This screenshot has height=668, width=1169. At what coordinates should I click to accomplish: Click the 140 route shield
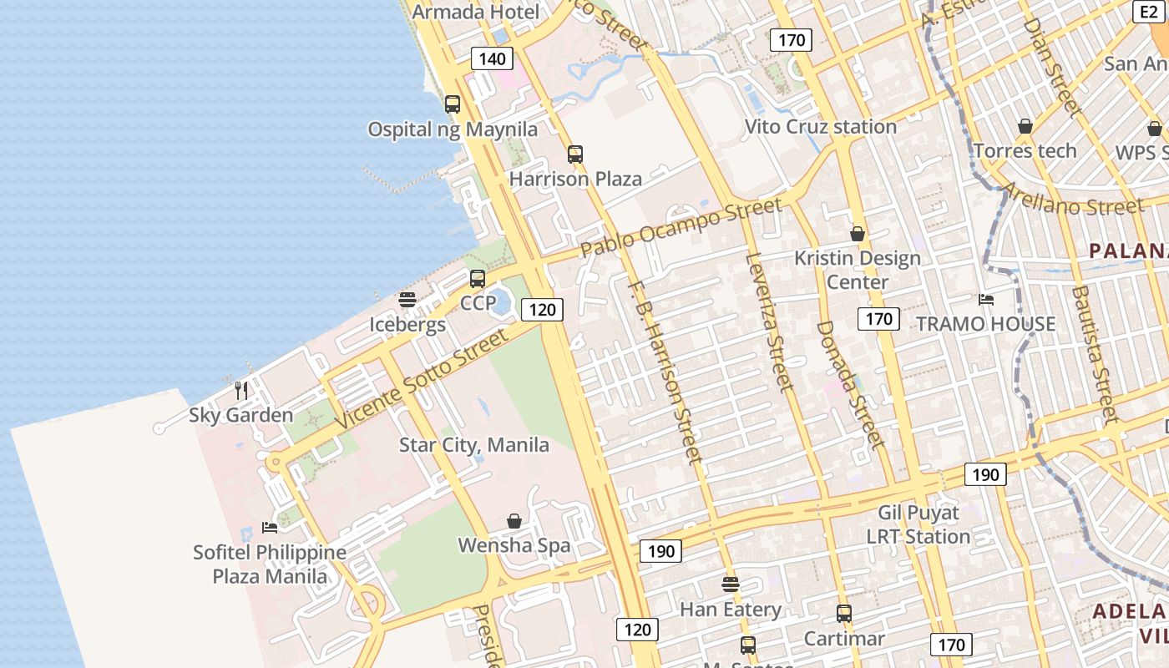493,58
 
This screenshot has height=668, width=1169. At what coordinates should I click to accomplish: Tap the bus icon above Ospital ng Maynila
453,104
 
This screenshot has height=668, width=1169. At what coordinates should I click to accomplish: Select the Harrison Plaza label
575,179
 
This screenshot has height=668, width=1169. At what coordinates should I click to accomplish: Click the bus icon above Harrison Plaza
575,154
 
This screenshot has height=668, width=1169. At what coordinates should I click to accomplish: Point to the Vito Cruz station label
820,127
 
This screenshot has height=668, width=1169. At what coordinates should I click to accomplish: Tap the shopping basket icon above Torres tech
1025,126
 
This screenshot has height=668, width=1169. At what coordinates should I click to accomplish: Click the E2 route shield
1149,11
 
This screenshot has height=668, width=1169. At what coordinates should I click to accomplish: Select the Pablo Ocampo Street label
681,226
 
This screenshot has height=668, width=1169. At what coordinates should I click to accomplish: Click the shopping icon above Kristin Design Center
858,234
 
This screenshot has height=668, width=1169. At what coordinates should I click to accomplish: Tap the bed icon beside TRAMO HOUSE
986,299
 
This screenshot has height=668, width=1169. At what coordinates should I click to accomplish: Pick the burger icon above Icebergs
407,299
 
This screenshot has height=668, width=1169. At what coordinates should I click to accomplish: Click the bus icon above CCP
478,278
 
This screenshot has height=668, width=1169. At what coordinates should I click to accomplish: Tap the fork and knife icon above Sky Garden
241,390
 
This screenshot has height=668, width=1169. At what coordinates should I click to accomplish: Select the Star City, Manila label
474,445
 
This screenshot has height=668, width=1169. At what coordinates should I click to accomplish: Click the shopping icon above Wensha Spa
514,521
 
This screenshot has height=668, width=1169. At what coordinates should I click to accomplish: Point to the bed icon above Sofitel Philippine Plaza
269,527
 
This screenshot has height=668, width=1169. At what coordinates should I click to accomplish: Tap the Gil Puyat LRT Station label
918,524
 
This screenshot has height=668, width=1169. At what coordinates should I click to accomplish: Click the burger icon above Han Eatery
731,584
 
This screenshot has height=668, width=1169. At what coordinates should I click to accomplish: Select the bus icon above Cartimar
844,614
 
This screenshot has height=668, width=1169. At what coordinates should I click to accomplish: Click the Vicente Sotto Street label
422,380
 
